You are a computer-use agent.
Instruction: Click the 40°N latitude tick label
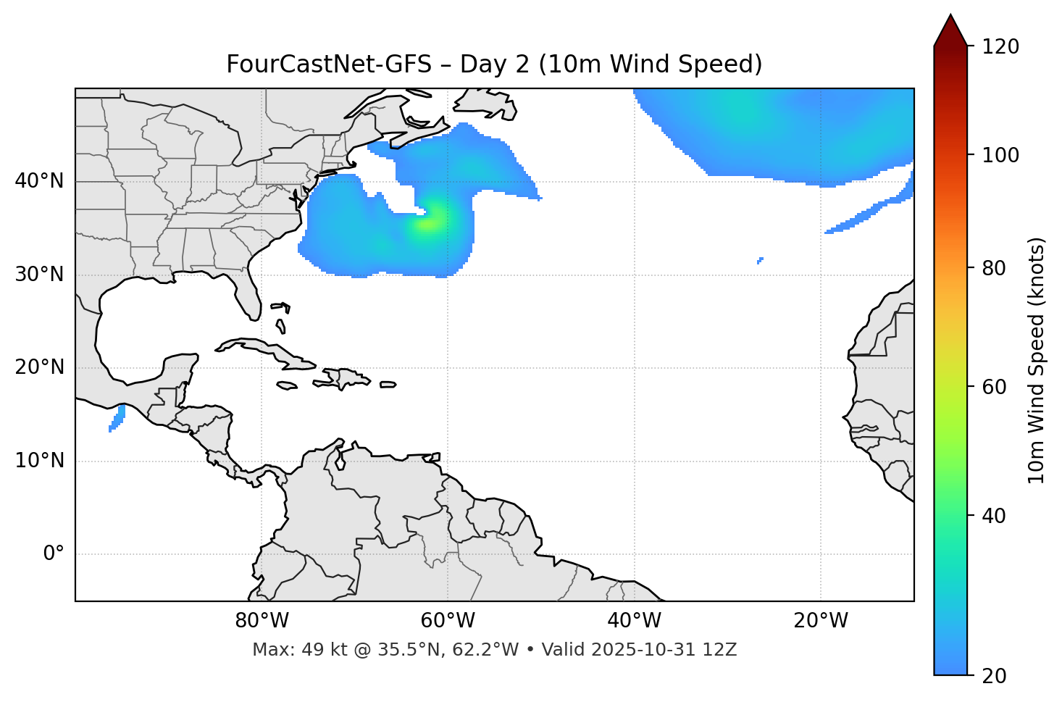(x=39, y=181)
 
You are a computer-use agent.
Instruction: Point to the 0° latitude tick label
(x=54, y=554)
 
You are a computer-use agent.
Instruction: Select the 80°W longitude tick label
(x=262, y=621)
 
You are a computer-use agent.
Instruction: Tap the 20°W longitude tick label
(x=821, y=621)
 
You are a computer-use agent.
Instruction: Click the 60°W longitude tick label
(x=448, y=621)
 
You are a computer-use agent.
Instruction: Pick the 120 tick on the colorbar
(x=1000, y=46)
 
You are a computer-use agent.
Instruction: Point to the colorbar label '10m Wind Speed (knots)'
(x=1037, y=360)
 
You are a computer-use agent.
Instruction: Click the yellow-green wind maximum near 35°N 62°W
(x=427, y=222)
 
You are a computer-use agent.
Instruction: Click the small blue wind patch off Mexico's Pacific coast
(x=117, y=419)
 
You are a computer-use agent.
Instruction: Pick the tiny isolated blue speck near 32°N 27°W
(x=760, y=260)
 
